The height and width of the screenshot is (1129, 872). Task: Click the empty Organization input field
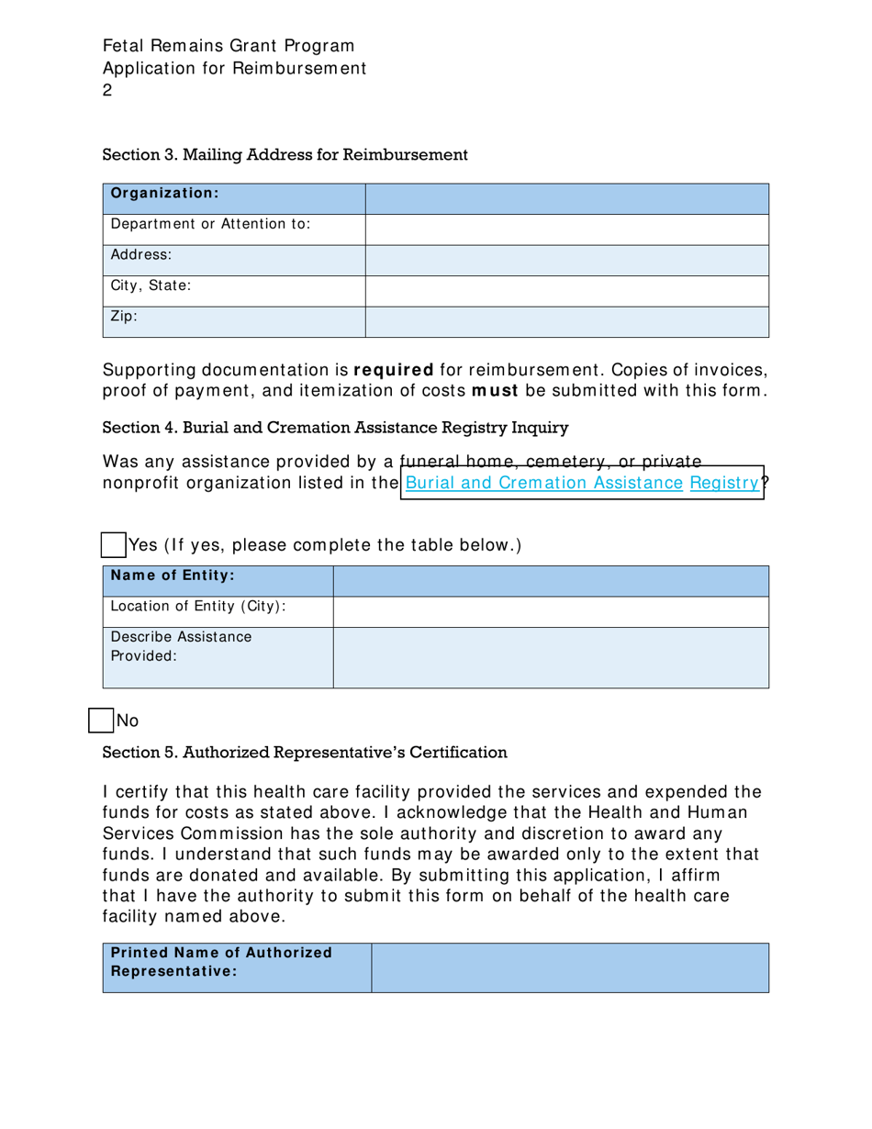pyautogui.click(x=566, y=198)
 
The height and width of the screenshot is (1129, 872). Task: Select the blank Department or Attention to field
pyautogui.click(x=566, y=229)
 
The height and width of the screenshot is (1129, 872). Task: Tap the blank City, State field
pyautogui.click(x=566, y=290)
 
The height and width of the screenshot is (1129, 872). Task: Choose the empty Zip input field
pyautogui.click(x=566, y=322)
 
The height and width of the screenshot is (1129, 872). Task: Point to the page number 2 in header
pyautogui.click(x=107, y=91)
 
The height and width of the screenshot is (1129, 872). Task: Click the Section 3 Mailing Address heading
pyautogui.click(x=285, y=154)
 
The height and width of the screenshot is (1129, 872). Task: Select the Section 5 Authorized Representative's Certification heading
pyautogui.click(x=305, y=753)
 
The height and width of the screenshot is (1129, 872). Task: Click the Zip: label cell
pyautogui.click(x=234, y=322)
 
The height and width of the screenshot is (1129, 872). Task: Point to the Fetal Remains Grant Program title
pyautogui.click(x=229, y=45)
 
